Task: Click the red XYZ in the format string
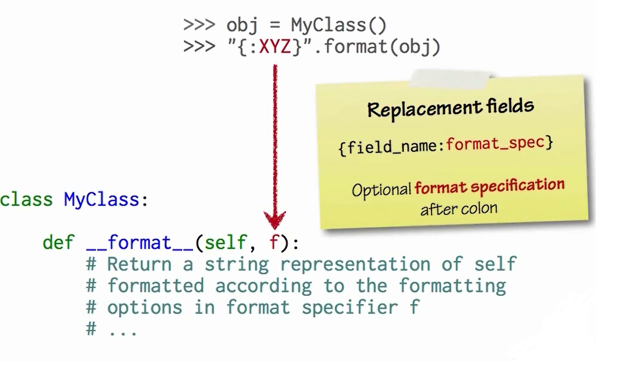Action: tap(275, 47)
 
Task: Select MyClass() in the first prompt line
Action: tap(339, 25)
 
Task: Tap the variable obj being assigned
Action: tap(242, 25)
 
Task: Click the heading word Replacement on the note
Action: tap(424, 109)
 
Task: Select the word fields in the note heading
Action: tap(510, 106)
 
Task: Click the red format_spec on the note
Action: tap(495, 143)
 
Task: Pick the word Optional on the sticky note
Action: tap(381, 190)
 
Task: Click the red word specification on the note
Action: tap(517, 186)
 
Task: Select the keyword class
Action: tap(26, 200)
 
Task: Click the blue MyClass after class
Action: tap(101, 200)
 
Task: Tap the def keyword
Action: tap(58, 243)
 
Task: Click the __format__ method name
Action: tap(139, 243)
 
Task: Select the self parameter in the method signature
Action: tap(225, 243)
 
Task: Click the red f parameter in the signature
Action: tap(274, 242)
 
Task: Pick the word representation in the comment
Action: tap(355, 264)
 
